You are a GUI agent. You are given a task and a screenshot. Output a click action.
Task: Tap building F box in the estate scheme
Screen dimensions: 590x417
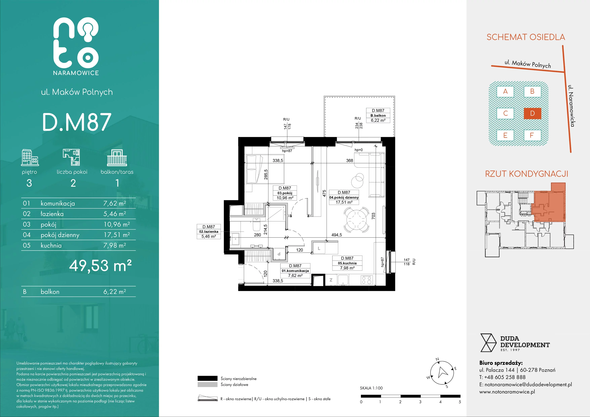[x=532, y=135]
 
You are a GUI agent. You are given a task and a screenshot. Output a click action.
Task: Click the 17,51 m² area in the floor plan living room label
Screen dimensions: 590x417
[x=344, y=202]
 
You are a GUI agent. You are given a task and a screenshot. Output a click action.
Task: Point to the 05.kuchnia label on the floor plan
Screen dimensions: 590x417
[x=347, y=263]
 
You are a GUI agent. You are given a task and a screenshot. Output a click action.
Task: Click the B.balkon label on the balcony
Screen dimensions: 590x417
[x=378, y=116]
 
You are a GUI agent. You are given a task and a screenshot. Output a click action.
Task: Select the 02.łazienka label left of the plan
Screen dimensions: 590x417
[x=209, y=232]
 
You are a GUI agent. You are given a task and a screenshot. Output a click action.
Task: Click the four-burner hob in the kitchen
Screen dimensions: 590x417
[x=366, y=280]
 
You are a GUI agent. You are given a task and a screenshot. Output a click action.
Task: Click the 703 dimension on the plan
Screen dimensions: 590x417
[x=373, y=216]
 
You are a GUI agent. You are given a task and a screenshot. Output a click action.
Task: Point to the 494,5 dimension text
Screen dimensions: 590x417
[x=337, y=235]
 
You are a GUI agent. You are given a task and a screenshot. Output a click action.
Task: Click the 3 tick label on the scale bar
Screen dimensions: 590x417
[x=420, y=402]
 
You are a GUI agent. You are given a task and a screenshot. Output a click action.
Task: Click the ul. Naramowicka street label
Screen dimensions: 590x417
[x=571, y=106]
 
